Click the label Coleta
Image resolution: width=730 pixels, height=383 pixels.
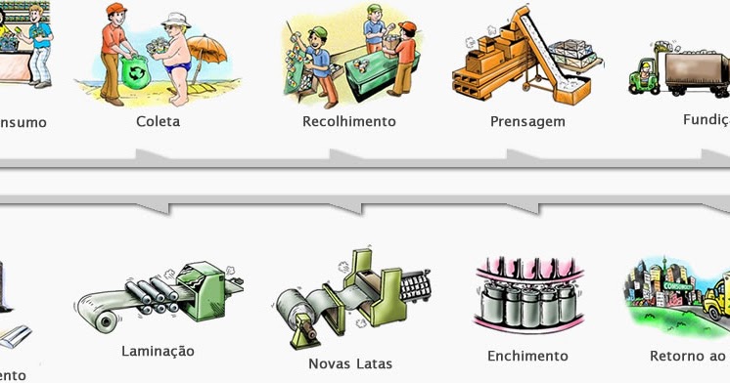pos(159,122)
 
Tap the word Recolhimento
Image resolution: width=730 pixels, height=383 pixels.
pos(349,122)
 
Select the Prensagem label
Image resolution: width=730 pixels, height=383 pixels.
pos(527,123)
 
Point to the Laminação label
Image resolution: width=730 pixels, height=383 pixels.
pos(158,351)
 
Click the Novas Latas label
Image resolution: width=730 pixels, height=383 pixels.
pos(349,364)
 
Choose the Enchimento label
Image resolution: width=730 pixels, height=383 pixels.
pos(526,356)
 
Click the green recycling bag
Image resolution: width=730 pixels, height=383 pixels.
pos(132,72)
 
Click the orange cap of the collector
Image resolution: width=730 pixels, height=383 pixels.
pos(117,9)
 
